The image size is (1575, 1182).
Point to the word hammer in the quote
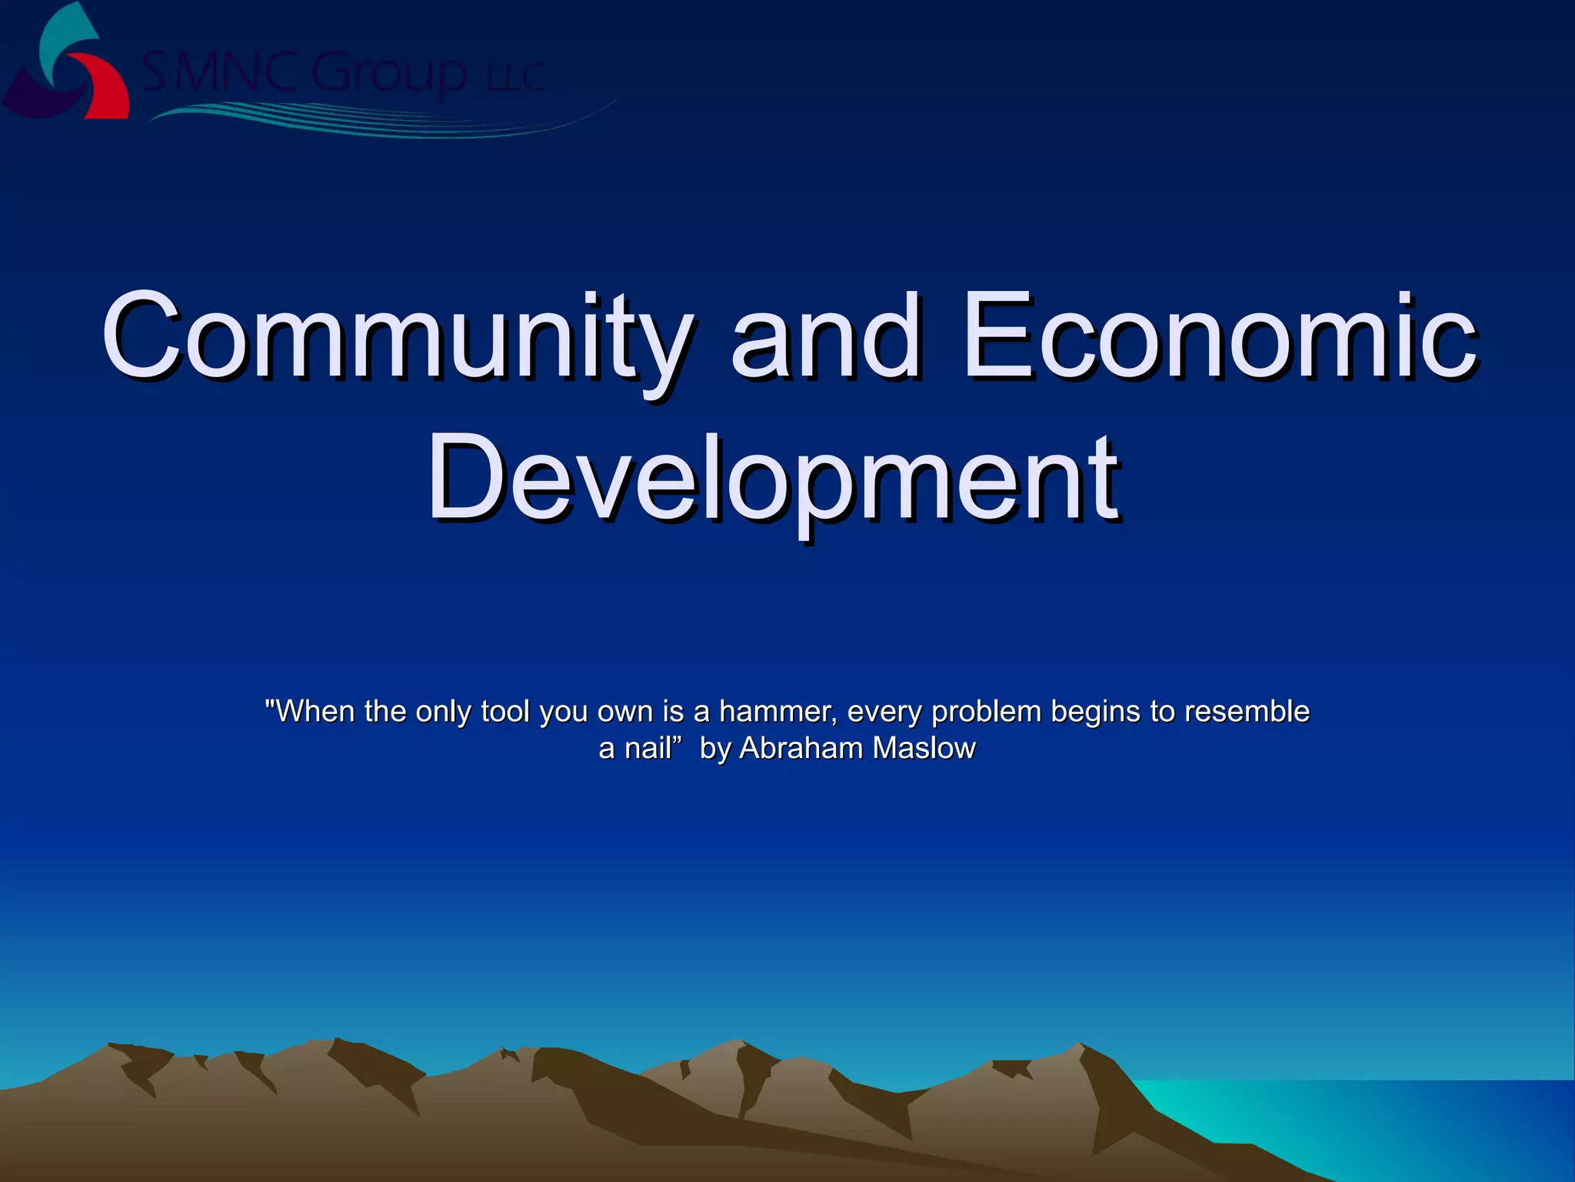pos(777,712)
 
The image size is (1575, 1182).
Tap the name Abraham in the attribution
pos(801,748)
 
